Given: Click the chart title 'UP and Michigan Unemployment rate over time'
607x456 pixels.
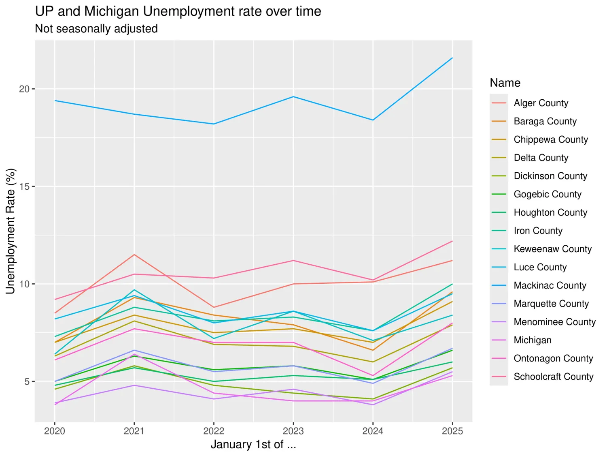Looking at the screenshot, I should coord(178,11).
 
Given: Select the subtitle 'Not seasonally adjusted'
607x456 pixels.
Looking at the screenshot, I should coord(96,29).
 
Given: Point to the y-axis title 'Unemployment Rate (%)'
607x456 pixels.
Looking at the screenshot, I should coord(11,231).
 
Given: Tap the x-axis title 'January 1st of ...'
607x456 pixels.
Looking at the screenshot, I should coord(253,444).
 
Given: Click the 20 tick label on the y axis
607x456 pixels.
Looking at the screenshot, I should coord(24,89).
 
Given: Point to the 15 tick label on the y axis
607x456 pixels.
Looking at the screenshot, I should coord(24,186).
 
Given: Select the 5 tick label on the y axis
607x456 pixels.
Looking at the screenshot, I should coord(27,381).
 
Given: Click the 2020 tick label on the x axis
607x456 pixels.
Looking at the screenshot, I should coord(55,431).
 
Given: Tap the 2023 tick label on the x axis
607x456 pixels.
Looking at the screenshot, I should coord(293,431).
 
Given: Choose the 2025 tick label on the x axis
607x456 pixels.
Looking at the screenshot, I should coord(452,431).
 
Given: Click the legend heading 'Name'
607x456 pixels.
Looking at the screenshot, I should coord(505,83).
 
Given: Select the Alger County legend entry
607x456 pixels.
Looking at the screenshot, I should coord(541,103).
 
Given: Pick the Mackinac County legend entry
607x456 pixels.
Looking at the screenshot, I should coord(550,285).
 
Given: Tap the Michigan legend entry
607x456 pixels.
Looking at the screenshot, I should coord(532,340).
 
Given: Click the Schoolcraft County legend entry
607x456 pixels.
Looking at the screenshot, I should coord(553,377).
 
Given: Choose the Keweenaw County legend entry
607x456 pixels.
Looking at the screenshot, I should coord(552,249).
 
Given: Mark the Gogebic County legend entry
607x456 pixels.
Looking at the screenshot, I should coord(547,194).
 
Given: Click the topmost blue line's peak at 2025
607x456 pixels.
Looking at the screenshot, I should coord(452,58).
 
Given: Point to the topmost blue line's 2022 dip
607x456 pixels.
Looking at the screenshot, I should coord(214,124).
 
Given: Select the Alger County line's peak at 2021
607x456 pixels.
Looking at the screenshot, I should coord(134,255).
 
